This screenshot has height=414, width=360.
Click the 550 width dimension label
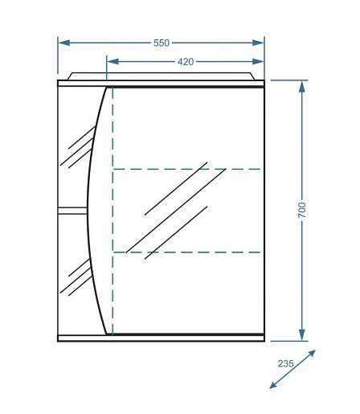(x=162, y=43)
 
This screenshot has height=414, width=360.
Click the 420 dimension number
(x=186, y=62)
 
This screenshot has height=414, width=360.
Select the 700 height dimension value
(x=302, y=210)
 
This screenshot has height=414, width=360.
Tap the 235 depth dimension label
(x=285, y=363)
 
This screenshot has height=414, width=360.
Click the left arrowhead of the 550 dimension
(x=64, y=43)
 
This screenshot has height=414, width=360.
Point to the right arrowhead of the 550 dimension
(x=258, y=43)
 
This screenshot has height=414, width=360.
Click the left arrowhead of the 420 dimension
(x=112, y=62)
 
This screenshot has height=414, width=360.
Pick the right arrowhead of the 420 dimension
(x=258, y=62)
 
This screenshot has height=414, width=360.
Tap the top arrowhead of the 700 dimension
(x=302, y=87)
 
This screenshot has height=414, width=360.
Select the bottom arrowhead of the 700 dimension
(x=302, y=335)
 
